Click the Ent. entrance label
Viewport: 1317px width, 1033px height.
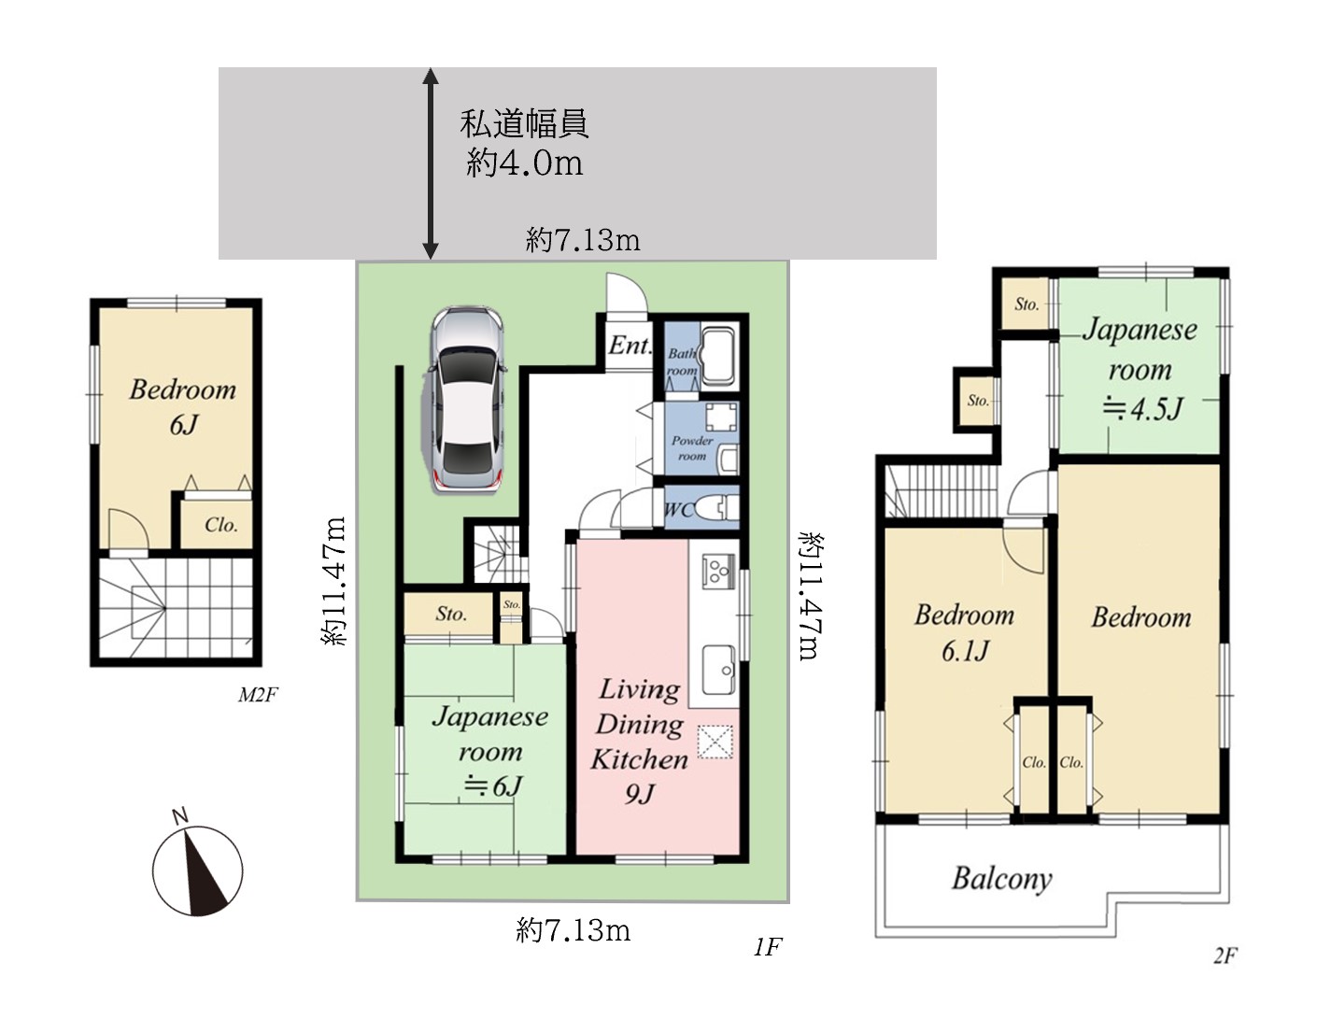630,346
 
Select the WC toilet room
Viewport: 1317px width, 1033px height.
701,507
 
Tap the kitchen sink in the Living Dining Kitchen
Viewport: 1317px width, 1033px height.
719,670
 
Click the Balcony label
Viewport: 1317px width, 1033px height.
1002,879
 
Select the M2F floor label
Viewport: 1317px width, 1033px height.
258,694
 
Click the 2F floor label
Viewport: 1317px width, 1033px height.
1225,955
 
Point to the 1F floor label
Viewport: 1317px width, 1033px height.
768,946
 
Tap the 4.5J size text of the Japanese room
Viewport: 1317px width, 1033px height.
1141,409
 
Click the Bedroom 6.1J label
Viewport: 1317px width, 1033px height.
964,632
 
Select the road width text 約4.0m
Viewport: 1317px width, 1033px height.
524,163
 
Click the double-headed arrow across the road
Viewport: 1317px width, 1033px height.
431,163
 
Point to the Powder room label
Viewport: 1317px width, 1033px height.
692,447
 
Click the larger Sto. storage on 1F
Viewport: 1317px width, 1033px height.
448,614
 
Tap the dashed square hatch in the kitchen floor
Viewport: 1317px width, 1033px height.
715,741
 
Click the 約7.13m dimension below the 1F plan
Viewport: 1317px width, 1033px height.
574,930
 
